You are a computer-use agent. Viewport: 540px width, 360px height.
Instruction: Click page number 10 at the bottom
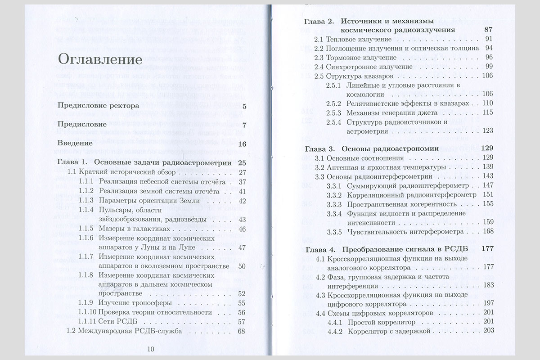click(x=150, y=348)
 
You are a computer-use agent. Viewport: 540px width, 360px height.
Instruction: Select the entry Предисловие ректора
click(x=98, y=107)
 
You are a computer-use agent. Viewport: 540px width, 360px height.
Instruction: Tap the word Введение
click(x=75, y=144)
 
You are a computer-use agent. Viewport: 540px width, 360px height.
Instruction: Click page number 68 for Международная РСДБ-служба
click(x=241, y=331)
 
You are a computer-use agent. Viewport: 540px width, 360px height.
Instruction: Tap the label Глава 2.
click(x=319, y=21)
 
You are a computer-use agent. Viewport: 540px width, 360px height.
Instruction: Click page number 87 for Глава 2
click(x=488, y=30)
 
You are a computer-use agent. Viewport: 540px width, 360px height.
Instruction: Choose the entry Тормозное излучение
click(x=355, y=58)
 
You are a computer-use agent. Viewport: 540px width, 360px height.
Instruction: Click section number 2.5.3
click(x=334, y=112)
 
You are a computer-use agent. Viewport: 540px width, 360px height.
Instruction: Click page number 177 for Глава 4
click(x=487, y=249)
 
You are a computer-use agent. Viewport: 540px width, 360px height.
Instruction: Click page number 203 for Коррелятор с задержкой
click(x=488, y=331)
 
